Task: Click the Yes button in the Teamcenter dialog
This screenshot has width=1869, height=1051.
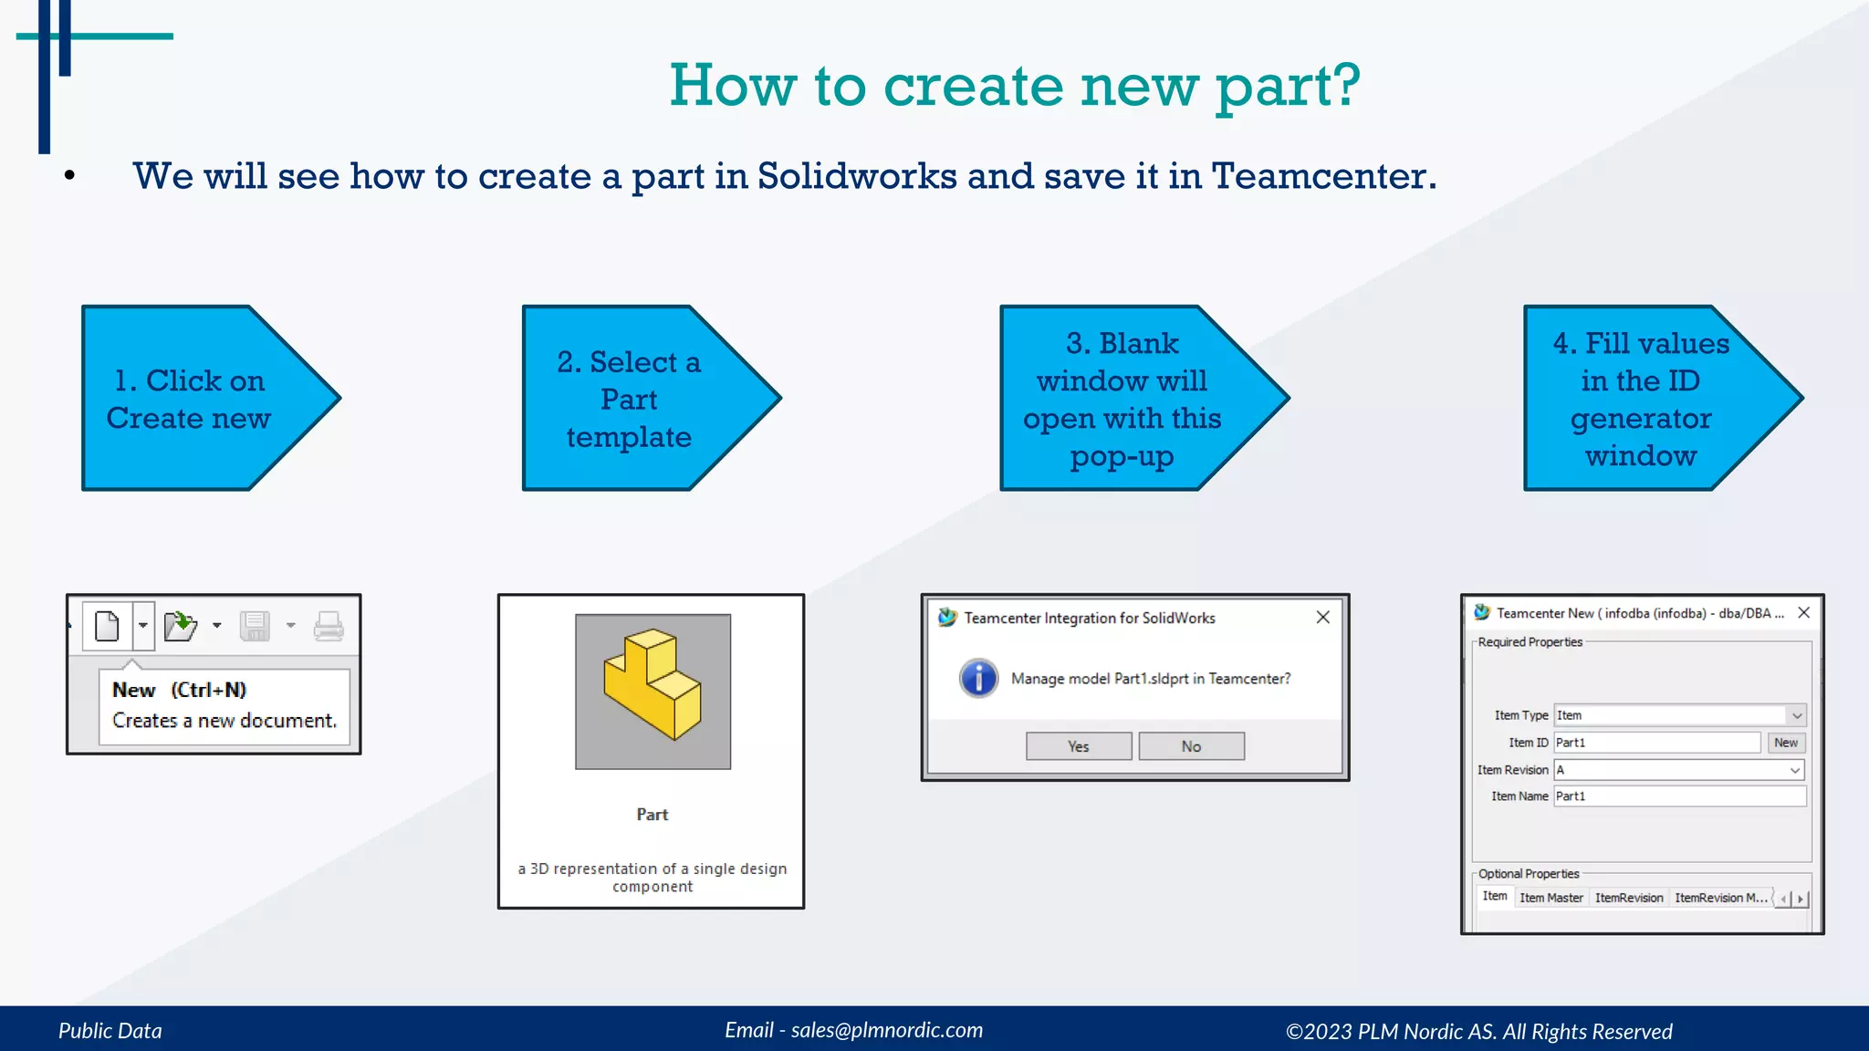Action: [1078, 746]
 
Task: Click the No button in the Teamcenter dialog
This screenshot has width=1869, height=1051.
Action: [1191, 746]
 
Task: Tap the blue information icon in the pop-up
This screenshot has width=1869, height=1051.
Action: [978, 678]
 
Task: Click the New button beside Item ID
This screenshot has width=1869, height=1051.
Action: [1785, 743]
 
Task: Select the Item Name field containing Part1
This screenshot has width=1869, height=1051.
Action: [1679, 796]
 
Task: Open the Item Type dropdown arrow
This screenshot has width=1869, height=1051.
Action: [1796, 716]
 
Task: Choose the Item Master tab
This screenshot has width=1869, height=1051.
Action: [1551, 898]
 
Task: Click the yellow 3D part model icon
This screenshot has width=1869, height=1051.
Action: [653, 684]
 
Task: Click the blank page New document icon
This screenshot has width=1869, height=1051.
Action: [108, 626]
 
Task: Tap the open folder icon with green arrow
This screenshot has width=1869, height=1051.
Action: [180, 626]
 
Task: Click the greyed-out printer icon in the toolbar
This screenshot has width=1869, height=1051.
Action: [329, 626]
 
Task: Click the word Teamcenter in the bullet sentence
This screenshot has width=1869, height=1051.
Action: [1323, 176]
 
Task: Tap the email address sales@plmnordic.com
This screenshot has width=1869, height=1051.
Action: [886, 1030]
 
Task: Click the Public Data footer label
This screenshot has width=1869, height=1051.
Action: [110, 1031]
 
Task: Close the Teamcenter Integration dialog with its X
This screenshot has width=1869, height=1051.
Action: [1322, 618]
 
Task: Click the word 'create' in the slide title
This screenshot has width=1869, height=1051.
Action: [973, 86]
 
